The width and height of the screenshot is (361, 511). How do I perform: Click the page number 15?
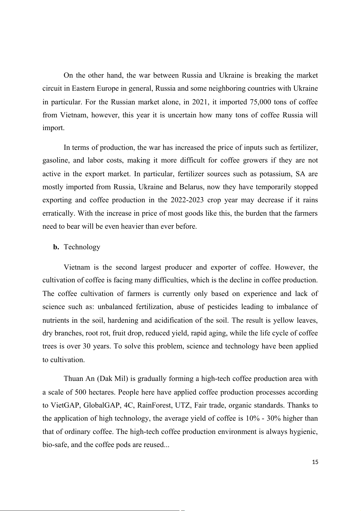pos(315,462)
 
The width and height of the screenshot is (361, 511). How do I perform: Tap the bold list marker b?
pos(56,247)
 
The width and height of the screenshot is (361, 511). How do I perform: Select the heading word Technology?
pos(82,247)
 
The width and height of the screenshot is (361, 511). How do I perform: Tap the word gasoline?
pos(55,160)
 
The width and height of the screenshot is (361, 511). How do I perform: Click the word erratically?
pos(59,213)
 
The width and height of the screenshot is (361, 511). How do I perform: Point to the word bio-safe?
pos(53,445)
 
